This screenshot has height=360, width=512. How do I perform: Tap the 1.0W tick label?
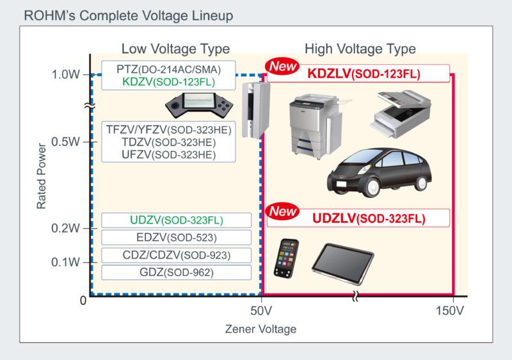coord(65,75)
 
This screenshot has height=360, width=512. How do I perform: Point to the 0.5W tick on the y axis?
coord(65,141)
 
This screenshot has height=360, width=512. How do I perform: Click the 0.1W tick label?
coord(65,262)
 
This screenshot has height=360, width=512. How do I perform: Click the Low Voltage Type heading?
coord(175,49)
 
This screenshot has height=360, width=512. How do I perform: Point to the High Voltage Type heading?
coord(360,49)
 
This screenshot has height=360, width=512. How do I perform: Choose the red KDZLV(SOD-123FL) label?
coord(364,74)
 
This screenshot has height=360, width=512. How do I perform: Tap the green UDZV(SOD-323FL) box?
coord(176,220)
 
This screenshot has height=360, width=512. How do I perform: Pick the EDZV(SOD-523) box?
coord(177,237)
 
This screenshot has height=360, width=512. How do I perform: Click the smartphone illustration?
coord(286,259)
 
